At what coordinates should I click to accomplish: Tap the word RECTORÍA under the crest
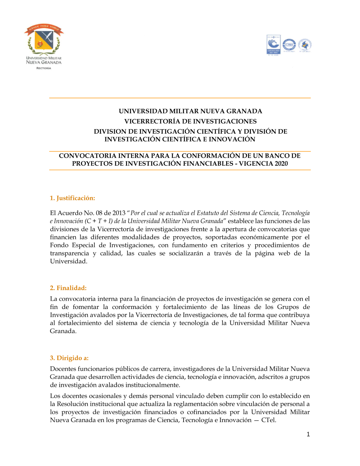(44, 68)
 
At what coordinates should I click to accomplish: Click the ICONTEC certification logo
(273, 45)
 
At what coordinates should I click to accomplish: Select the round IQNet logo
(289, 45)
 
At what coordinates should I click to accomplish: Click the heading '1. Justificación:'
(72, 198)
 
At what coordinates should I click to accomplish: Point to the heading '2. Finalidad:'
(68, 288)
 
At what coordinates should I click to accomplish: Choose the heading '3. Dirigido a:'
(69, 358)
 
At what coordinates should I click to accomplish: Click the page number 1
(308, 434)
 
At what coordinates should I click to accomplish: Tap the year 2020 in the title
(281, 163)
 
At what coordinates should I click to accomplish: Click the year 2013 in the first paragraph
(119, 213)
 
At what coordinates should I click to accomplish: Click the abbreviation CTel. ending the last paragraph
(269, 420)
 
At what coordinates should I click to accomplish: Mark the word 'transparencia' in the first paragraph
(69, 253)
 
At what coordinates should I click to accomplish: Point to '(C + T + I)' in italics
(99, 221)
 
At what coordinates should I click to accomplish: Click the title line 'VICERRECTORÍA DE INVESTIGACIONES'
(190, 121)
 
